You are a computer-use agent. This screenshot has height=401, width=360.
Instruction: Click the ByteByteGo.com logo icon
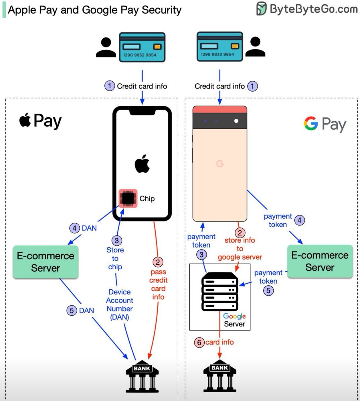[262, 9]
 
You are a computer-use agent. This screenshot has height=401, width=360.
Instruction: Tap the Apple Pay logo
[40, 121]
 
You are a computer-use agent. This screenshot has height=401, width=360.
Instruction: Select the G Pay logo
[325, 124]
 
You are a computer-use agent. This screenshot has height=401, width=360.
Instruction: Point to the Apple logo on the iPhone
[142, 164]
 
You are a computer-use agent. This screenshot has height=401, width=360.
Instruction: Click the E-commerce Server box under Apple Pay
[46, 262]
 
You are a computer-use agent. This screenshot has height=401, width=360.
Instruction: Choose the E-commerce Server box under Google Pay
[320, 261]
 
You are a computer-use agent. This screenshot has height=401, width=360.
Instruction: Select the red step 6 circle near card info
[199, 343]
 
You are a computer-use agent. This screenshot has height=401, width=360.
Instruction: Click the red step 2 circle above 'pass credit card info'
[158, 262]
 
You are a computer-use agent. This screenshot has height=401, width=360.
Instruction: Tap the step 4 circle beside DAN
[75, 228]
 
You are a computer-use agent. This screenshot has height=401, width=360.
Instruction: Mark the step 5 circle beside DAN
[72, 310]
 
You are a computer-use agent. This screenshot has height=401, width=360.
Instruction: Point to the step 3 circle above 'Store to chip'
[116, 240]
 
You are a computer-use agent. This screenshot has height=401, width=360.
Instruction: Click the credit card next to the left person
[142, 47]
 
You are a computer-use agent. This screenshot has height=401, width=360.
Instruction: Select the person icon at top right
[255, 47]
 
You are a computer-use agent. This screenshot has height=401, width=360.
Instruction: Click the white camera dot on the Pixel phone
[236, 121]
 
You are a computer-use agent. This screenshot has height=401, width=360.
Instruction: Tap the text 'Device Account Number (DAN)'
[119, 304]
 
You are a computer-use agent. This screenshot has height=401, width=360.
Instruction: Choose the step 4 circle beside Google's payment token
[299, 220]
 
